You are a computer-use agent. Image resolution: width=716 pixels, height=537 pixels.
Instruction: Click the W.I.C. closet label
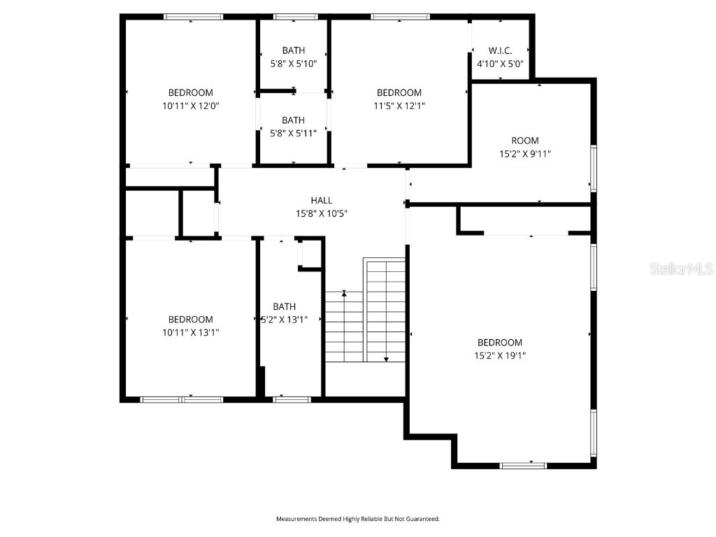pyautogui.click(x=500, y=50)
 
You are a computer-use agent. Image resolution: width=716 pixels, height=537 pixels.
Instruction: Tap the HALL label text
pyautogui.click(x=322, y=201)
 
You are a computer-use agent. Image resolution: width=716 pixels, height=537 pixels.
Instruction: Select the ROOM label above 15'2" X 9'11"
pyautogui.click(x=525, y=141)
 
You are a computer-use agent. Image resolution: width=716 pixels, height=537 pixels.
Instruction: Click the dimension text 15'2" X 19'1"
pyautogui.click(x=500, y=355)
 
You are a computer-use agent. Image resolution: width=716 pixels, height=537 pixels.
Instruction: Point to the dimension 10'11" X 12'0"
pyautogui.click(x=190, y=106)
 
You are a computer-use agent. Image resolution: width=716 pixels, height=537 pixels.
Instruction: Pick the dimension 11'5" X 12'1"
pyautogui.click(x=399, y=106)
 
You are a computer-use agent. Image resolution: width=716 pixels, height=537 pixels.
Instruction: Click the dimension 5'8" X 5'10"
pyautogui.click(x=294, y=63)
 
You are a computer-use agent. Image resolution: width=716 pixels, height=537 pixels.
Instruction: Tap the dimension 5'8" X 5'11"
pyautogui.click(x=294, y=133)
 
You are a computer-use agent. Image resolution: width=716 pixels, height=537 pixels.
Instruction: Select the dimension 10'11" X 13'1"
pyautogui.click(x=190, y=333)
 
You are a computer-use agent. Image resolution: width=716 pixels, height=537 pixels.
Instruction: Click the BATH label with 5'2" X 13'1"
pyautogui.click(x=285, y=306)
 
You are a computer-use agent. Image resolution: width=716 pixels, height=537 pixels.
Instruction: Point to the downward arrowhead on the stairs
pyautogui.click(x=386, y=359)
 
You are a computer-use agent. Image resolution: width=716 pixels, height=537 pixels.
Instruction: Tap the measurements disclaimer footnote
pyautogui.click(x=357, y=519)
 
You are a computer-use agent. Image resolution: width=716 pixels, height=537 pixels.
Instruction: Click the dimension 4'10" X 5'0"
pyautogui.click(x=500, y=64)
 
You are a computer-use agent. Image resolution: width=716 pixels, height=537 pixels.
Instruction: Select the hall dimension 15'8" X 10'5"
pyautogui.click(x=322, y=213)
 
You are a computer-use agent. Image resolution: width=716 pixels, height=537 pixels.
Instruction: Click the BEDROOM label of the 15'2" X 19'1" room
pyautogui.click(x=500, y=343)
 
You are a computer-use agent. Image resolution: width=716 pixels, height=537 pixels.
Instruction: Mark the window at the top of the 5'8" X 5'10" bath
pyautogui.click(x=295, y=16)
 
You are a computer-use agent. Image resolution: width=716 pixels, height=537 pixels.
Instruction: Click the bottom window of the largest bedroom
pyautogui.click(x=523, y=464)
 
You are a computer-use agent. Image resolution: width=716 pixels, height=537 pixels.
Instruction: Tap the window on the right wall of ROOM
pyautogui.click(x=593, y=168)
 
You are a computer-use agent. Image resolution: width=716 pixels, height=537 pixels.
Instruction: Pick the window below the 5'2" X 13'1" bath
pyautogui.click(x=292, y=399)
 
